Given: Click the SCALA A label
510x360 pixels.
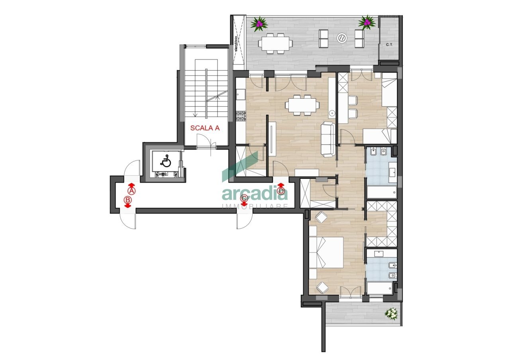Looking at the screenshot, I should [205, 128].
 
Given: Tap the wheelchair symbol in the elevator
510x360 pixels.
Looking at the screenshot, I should [165, 161].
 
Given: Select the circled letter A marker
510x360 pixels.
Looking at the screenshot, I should [131, 191].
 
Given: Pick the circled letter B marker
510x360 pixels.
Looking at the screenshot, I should [128, 200].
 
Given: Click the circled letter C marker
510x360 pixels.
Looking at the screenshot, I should [245, 198].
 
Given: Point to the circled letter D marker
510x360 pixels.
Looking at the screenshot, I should [281, 191].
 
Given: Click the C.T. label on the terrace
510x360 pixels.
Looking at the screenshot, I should [389, 45].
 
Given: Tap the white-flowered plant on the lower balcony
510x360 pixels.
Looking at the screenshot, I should [391, 313].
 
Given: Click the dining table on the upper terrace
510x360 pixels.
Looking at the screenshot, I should [275, 42].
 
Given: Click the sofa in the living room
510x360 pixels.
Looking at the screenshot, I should [328, 139].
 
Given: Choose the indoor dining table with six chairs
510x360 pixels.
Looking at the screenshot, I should [302, 105].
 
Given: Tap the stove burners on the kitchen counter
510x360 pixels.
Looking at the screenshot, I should [241, 116].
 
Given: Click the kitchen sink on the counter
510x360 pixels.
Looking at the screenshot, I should [240, 95].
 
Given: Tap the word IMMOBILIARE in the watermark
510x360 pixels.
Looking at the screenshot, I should [255, 206].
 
